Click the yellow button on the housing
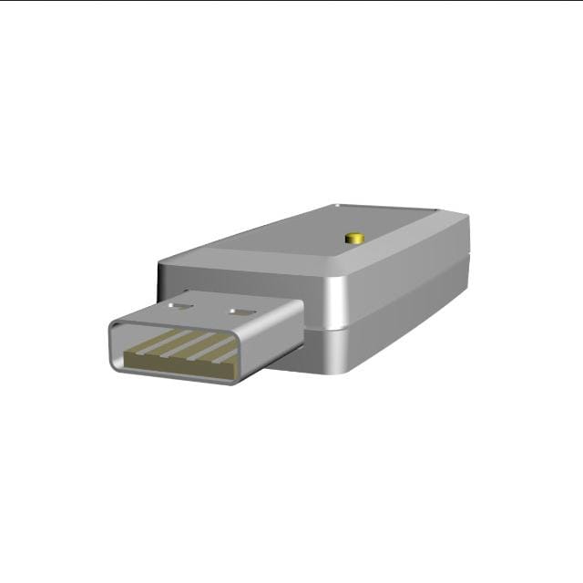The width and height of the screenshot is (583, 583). [x=354, y=239]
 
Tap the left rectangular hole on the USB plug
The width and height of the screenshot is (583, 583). [x=182, y=306]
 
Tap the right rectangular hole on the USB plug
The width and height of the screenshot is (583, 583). [x=240, y=312]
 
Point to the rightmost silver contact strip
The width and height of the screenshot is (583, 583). [x=226, y=355]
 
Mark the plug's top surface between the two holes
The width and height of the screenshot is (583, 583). [x=211, y=310]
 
